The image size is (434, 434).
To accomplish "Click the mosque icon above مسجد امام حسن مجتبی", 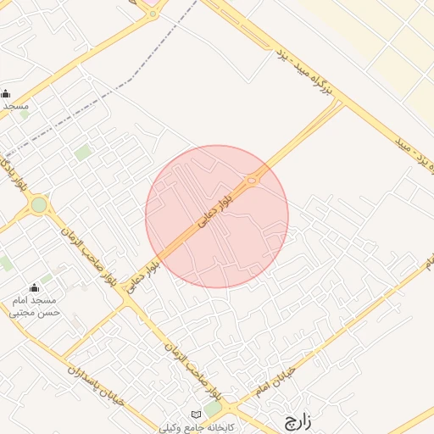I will [x=35, y=288].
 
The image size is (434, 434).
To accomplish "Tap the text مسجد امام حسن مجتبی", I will [x=35, y=306].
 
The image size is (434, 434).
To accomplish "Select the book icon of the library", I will [x=198, y=413].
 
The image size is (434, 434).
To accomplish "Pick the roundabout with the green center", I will [x=38, y=205].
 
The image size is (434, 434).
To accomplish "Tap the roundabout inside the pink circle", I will [x=253, y=179].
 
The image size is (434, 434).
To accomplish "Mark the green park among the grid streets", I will [x=82, y=153].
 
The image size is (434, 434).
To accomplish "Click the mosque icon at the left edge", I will [x=6, y=94].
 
